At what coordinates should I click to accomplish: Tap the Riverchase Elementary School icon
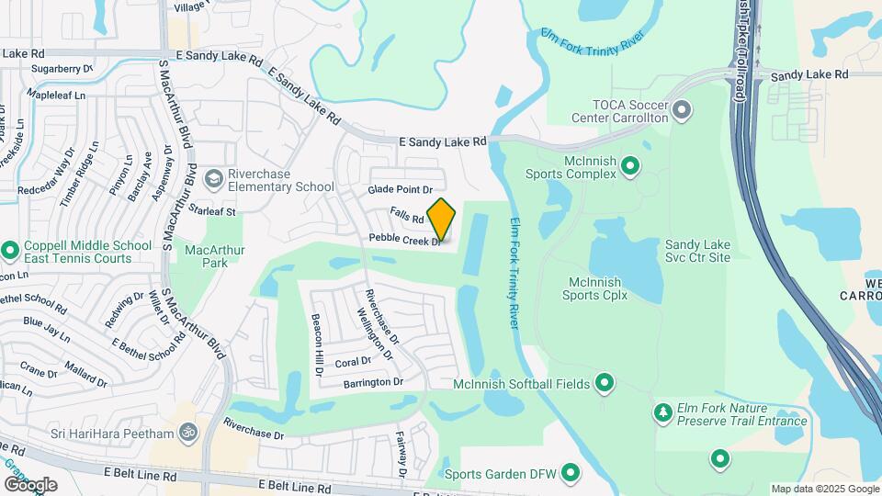click(x=214, y=177)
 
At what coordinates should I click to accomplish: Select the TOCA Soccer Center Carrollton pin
click(x=681, y=111)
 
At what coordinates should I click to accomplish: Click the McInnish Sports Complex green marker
click(x=629, y=166)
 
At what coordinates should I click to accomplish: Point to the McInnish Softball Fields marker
click(x=604, y=381)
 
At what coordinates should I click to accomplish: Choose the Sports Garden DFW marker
click(x=571, y=474)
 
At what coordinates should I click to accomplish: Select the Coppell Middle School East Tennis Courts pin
click(x=10, y=250)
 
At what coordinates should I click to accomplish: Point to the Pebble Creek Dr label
click(x=405, y=239)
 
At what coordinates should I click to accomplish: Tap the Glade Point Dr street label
click(x=400, y=189)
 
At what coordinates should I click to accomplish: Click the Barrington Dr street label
click(x=373, y=381)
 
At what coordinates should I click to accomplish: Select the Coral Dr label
click(x=353, y=362)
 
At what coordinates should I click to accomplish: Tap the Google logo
click(x=29, y=484)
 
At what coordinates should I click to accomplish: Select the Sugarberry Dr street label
click(x=62, y=68)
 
